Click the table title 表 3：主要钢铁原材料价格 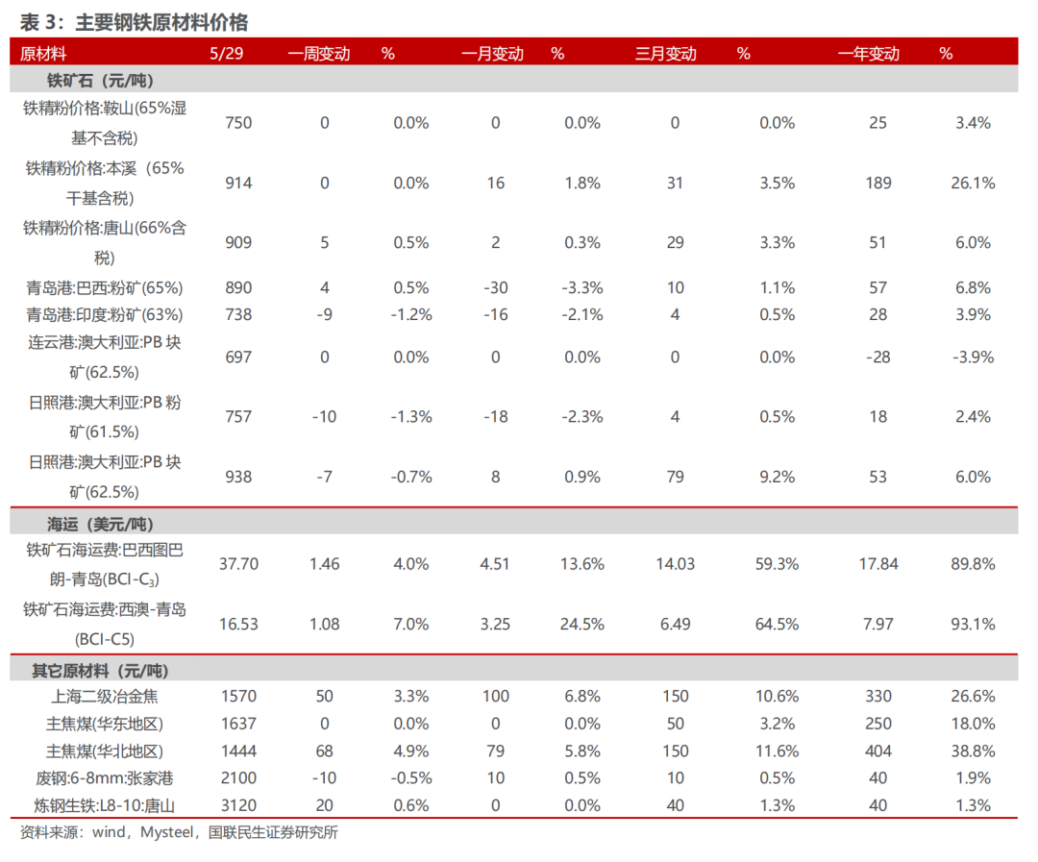(134, 22)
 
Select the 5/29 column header (227, 54)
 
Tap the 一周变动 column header (319, 54)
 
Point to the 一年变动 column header (869, 54)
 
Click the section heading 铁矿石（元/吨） (100, 81)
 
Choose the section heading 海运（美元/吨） (100, 525)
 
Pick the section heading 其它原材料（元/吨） (100, 671)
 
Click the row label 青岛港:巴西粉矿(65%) (105, 288)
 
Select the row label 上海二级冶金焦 (105, 697)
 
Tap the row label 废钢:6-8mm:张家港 (105, 778)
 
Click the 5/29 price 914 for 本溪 (238, 184)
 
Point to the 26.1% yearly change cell (973, 184)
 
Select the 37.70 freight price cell (238, 564)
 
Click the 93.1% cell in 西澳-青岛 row (973, 625)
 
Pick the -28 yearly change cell (877, 357)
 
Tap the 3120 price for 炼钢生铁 (238, 805)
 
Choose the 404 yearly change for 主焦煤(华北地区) (877, 751)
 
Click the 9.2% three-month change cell (778, 478)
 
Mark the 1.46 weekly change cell (325, 564)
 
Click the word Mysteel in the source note (167, 832)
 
